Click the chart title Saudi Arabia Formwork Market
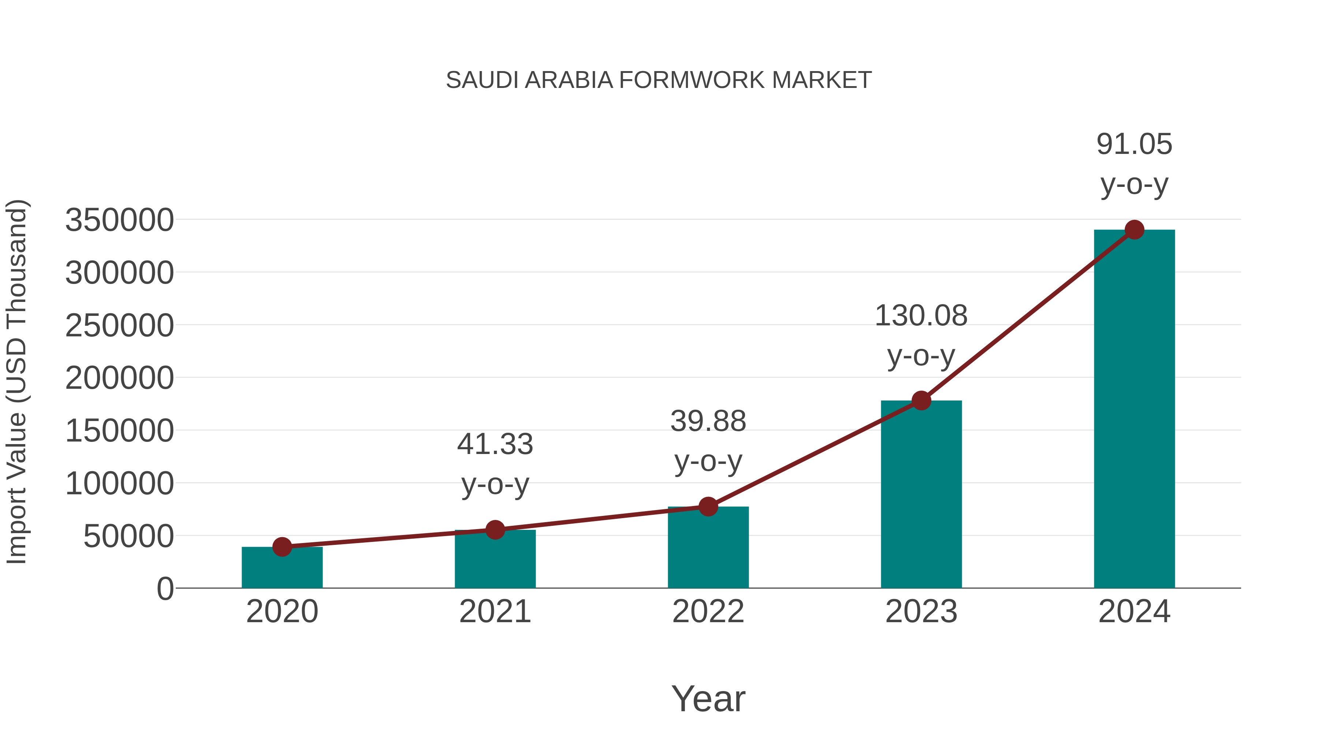pos(659,80)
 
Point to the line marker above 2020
pos(282,547)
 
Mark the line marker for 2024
pos(1134,230)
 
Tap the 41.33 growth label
pos(495,444)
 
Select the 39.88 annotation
pos(708,421)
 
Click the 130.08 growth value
pos(921,315)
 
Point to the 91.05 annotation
pos(1134,144)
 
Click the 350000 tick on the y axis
pos(119,220)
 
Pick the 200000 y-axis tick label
pos(119,379)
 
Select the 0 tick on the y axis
pos(165,589)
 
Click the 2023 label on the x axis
pos(921,612)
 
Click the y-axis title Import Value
pos(16,381)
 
